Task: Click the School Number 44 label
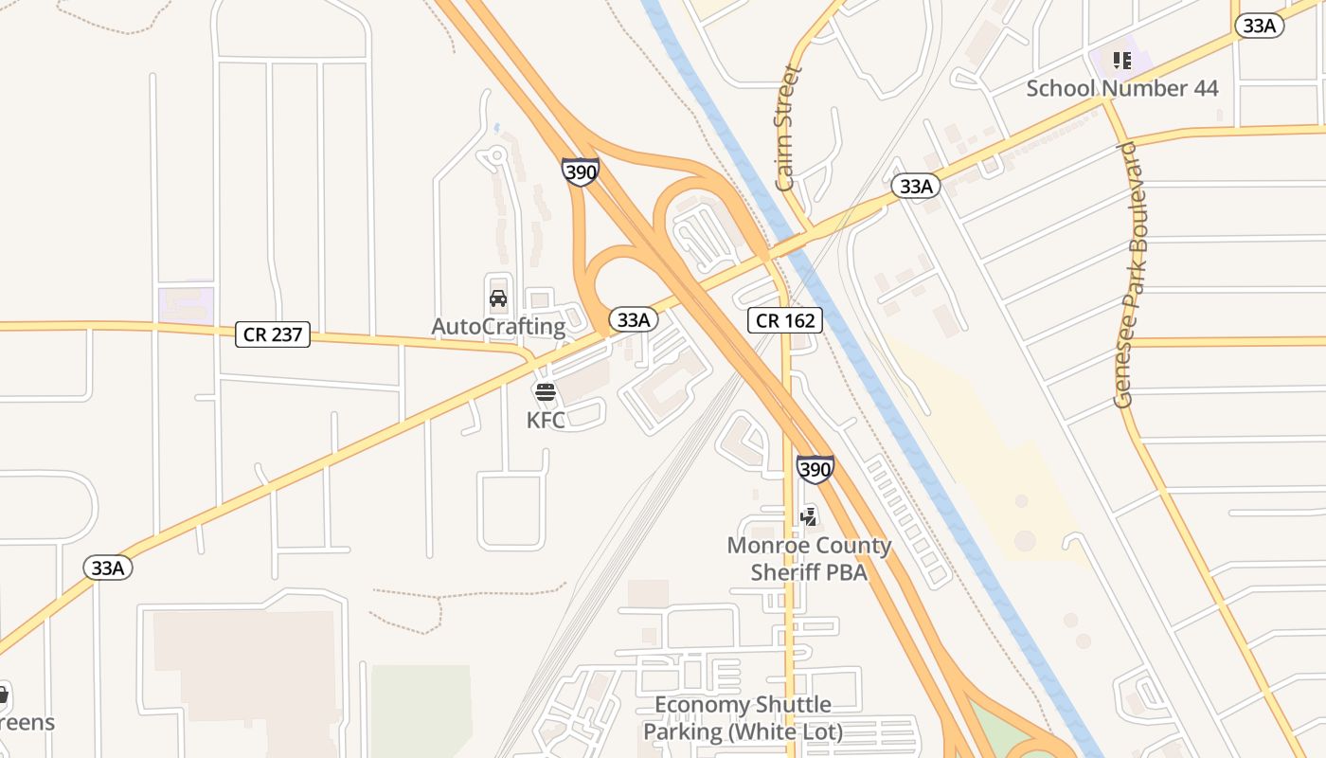coord(1122,88)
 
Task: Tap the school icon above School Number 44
coord(1122,62)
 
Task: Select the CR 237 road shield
coord(273,334)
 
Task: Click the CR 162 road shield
coord(786,320)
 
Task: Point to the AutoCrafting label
coord(498,327)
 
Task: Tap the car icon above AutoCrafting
coord(498,299)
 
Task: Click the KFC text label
coord(546,420)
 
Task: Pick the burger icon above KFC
coord(545,392)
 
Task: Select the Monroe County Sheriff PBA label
coord(809,558)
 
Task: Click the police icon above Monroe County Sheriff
coord(808,516)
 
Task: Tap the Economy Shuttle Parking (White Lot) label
coord(743,718)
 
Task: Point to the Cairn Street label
coord(786,128)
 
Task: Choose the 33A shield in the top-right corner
coord(1259,26)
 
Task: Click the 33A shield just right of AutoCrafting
coord(632,319)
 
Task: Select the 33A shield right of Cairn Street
coord(916,186)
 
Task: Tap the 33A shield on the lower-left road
coord(108,568)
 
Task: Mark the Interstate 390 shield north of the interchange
coord(580,171)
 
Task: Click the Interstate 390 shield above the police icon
coord(815,468)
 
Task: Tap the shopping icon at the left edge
coord(3,695)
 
